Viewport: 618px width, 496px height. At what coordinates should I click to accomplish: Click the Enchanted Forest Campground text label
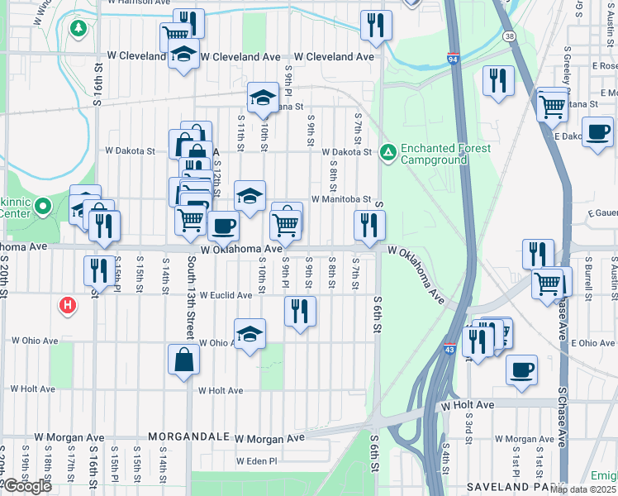(x=445, y=154)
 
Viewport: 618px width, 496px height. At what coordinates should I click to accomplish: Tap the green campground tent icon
(x=387, y=152)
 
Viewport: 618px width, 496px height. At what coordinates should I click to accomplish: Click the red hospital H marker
(x=68, y=306)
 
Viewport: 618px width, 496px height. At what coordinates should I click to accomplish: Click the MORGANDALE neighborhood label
(x=188, y=436)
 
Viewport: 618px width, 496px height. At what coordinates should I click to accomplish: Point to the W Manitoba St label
(x=340, y=199)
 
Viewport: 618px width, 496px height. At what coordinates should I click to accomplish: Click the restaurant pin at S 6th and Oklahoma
(x=369, y=225)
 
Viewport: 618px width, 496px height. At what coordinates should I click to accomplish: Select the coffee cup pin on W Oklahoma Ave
(x=222, y=226)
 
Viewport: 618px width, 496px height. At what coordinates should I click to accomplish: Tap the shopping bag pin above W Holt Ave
(x=184, y=360)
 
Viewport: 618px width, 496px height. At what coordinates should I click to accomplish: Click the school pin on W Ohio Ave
(x=250, y=334)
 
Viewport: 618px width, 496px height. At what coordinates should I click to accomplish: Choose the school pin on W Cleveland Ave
(x=183, y=56)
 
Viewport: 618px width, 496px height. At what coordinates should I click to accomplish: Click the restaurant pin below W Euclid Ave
(x=300, y=311)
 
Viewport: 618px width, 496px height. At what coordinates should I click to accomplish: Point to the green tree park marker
(x=78, y=29)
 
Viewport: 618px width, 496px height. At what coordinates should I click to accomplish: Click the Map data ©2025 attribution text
(x=583, y=489)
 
